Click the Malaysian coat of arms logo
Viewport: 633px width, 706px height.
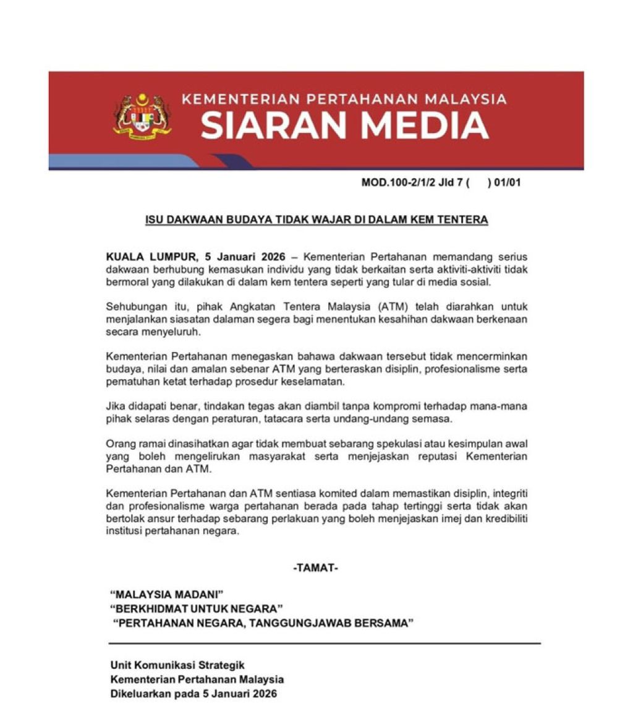(142, 116)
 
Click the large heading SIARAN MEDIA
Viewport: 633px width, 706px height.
(345, 126)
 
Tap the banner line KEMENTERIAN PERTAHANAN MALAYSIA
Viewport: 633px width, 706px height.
(344, 99)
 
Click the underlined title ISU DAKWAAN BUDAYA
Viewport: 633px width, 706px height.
(316, 220)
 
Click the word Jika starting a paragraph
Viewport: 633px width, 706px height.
(116, 406)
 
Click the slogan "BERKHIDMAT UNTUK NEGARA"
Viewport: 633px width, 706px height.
(196, 609)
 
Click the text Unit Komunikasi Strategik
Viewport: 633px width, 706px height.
(177, 665)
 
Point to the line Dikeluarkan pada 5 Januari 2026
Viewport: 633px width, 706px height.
(193, 694)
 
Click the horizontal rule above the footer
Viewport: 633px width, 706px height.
(324, 644)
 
